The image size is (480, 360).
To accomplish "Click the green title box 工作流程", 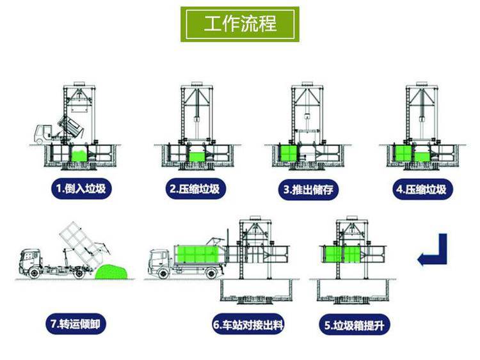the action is tap(240, 24).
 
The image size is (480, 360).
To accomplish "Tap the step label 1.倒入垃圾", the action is tap(81, 189).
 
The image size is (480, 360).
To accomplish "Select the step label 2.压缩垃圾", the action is tap(195, 189).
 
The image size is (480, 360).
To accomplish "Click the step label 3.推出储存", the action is tap(308, 189).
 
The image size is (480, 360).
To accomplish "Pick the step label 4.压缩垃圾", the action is tap(422, 189).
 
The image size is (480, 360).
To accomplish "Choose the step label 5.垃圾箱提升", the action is tap(355, 325).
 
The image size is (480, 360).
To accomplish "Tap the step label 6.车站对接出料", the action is tap(248, 324).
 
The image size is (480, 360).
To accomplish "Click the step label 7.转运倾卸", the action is tap(76, 324).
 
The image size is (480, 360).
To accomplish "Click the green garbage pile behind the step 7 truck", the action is tap(111, 272).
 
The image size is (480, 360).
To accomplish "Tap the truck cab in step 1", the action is tap(42, 134).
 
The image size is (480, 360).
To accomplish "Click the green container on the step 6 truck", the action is tap(196, 254).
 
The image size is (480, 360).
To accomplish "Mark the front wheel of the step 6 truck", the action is tap(163, 273).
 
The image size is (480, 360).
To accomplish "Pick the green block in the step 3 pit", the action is tap(289, 153).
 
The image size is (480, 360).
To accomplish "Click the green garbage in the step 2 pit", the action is tap(197, 157).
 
